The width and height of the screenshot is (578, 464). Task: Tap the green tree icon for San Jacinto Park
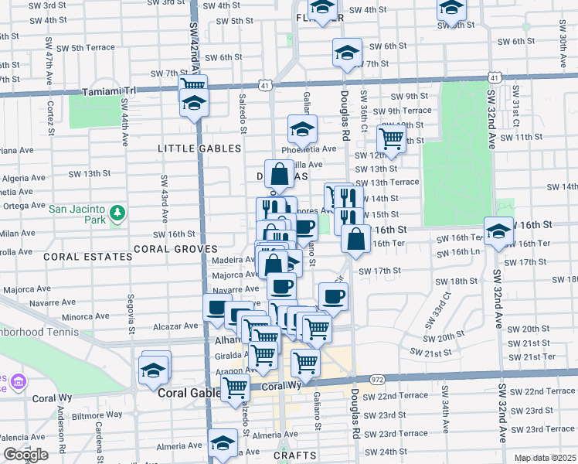[117, 212]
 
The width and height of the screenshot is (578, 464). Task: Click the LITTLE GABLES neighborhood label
[199, 148]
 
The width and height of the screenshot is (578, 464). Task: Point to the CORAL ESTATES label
[88, 256]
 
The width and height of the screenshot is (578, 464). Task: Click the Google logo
[25, 455]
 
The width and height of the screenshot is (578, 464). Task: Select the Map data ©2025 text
[546, 458]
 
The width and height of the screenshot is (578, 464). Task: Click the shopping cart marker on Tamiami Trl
[192, 85]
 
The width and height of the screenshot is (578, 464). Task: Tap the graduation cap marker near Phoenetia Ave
[303, 128]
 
